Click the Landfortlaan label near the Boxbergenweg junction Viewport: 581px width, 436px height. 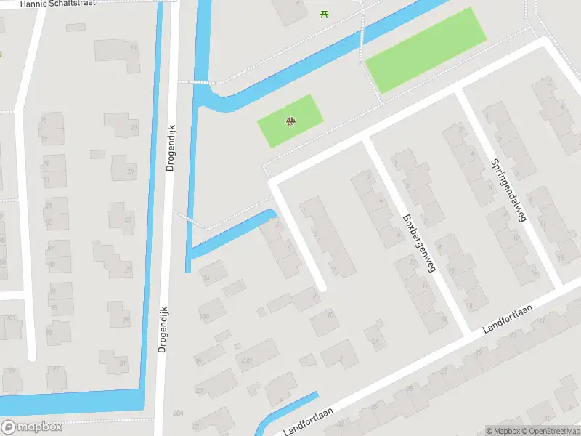pyautogui.click(x=508, y=319)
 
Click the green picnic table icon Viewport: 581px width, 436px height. pyautogui.click(x=324, y=13)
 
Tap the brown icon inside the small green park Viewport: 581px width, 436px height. pyautogui.click(x=290, y=121)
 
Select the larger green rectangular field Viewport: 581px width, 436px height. pyautogui.click(x=425, y=49)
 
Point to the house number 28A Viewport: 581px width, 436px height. pyautogui.click(x=177, y=412)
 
